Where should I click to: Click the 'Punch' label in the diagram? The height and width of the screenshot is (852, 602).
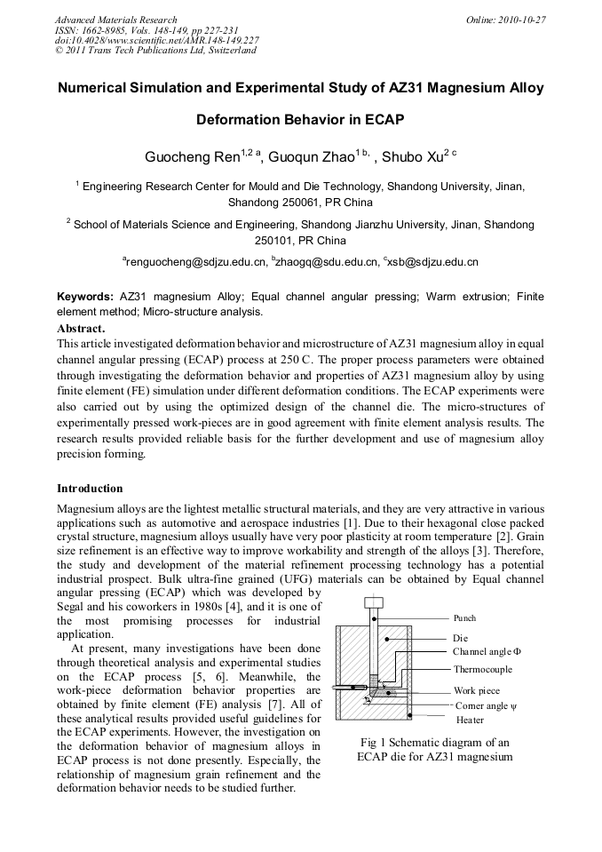[464, 617]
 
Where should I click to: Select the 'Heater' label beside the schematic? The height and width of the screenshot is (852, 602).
[470, 720]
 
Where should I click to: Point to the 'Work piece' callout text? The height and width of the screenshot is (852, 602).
[477, 690]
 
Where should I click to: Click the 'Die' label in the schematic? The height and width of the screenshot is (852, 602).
[460, 638]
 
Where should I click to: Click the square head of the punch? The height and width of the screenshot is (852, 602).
[373, 602]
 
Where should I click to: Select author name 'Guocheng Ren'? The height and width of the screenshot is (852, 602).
[192, 157]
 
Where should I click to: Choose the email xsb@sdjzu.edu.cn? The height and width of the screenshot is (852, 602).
[432, 262]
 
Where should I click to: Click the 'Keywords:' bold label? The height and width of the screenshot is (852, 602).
[85, 296]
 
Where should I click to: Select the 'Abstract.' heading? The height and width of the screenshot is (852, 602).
[81, 328]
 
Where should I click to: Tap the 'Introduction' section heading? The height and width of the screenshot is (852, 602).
[90, 489]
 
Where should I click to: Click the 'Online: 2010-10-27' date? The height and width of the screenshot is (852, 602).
[504, 20]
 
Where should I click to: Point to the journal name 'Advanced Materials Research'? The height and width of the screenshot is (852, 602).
[115, 20]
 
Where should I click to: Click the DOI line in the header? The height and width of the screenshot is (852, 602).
[156, 40]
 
